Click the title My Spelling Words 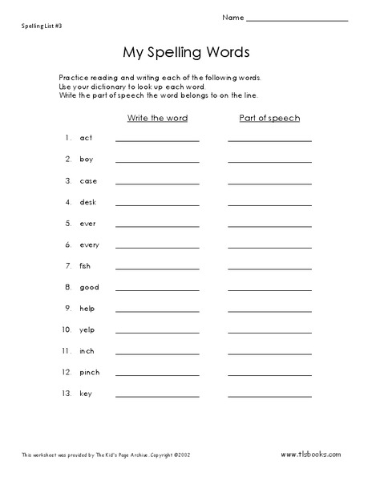click(x=186, y=52)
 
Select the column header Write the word click(x=157, y=118)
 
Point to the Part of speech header click(x=269, y=118)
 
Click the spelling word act click(x=87, y=139)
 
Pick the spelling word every click(x=90, y=244)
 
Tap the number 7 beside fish click(x=68, y=265)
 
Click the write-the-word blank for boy click(x=157, y=162)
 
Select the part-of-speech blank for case click(x=269, y=183)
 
